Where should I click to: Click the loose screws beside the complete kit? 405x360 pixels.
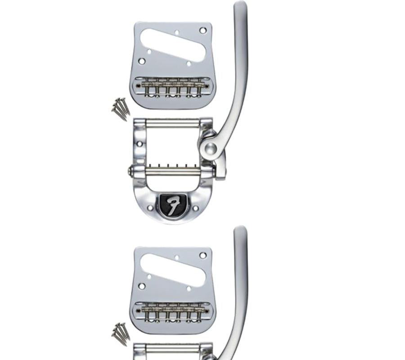(x=121, y=108)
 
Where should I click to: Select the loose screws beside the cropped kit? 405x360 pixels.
(x=121, y=333)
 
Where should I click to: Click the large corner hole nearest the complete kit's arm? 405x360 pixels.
(x=203, y=31)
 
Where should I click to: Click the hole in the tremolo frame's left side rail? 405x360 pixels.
(x=139, y=144)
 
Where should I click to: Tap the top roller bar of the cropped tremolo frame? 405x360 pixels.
(x=173, y=348)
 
